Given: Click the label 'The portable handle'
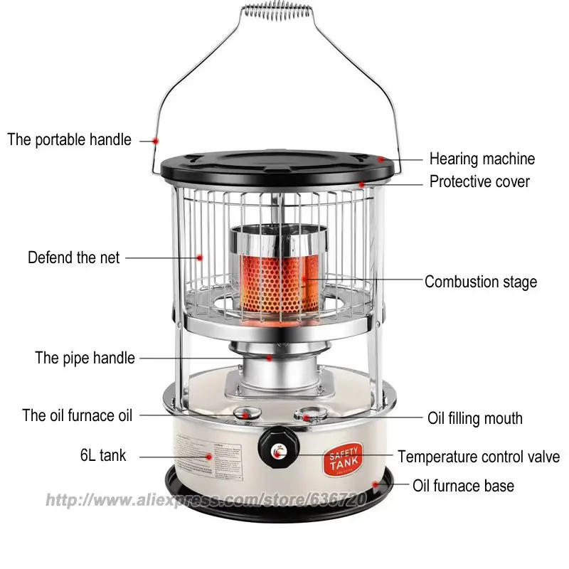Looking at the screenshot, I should [x=70, y=139].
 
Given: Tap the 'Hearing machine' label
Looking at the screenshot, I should [x=482, y=159].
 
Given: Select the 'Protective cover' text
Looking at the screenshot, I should [x=479, y=181].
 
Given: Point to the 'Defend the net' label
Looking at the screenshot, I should [x=74, y=257].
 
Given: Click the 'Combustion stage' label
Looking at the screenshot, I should [x=481, y=282].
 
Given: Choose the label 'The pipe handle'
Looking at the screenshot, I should [x=85, y=357].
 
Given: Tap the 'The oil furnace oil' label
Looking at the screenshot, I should [x=78, y=415].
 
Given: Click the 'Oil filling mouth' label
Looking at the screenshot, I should [x=474, y=418].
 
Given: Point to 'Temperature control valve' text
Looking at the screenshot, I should [x=479, y=457].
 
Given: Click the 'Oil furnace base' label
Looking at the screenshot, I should [x=463, y=486].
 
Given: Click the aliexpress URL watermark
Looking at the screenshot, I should [x=206, y=501].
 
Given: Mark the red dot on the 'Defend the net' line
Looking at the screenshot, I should [x=200, y=257].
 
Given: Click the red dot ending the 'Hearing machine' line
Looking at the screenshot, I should [x=381, y=159].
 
